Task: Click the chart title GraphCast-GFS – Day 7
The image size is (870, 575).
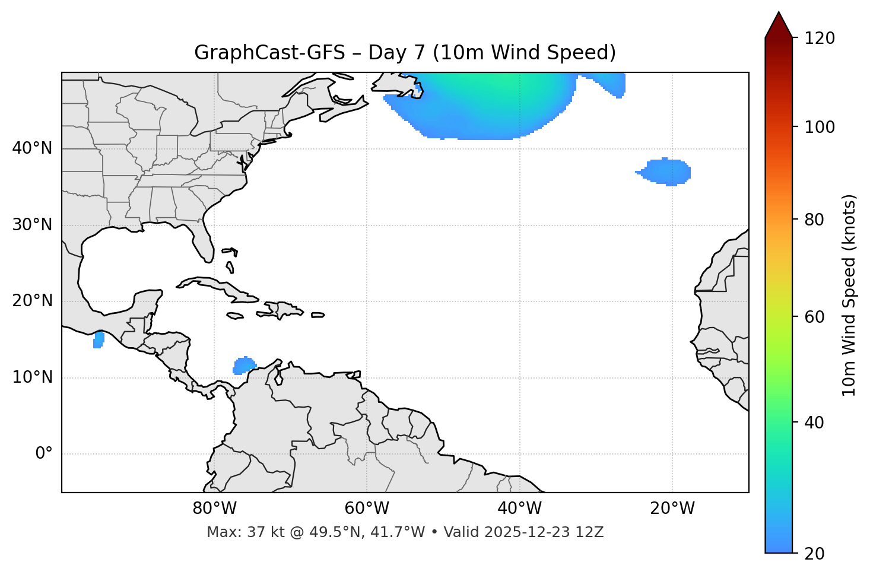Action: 405,53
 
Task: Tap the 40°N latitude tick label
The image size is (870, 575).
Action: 33,148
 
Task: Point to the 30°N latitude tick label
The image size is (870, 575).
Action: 33,225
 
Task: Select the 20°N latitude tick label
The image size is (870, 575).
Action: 33,301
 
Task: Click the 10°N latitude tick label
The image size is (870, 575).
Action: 33,377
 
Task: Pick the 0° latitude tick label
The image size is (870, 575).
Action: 44,454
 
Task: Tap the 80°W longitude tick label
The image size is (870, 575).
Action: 214,509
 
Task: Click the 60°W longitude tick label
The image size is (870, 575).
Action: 367,509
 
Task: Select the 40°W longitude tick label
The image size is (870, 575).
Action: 519,509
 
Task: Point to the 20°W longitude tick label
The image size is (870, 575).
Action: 672,509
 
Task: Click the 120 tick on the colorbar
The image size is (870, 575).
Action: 820,38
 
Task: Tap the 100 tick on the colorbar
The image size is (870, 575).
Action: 820,127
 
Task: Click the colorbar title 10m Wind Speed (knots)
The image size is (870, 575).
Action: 849,295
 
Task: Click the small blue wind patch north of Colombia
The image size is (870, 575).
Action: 244,366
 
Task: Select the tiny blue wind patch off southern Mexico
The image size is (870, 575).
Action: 99,340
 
